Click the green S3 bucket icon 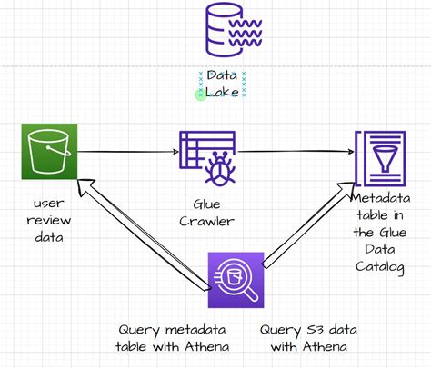(x=49, y=152)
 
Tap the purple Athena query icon (x=236, y=282)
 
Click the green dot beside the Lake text (x=200, y=95)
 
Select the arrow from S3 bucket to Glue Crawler (x=128, y=152)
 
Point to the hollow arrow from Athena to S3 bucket (x=137, y=231)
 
